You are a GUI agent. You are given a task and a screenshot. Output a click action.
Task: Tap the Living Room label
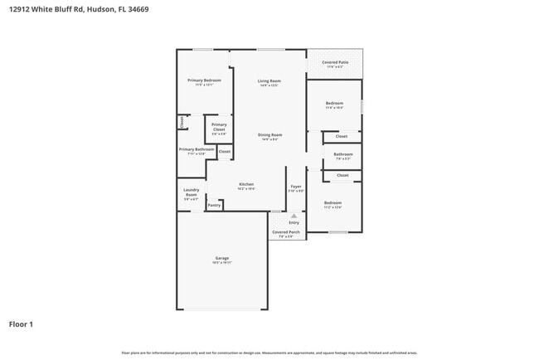[x=269, y=81]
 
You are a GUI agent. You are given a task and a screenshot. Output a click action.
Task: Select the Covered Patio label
[x=334, y=63]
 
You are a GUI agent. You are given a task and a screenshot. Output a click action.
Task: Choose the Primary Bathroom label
[x=197, y=151]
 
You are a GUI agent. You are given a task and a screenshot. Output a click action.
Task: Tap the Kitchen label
[x=246, y=186]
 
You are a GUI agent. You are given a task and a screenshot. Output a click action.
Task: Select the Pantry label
[x=214, y=205]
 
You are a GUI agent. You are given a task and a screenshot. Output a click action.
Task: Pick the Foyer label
[x=295, y=188]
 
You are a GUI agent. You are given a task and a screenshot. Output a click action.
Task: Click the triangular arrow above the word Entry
[x=294, y=216]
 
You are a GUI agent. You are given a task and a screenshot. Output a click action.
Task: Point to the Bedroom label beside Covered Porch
[x=333, y=204]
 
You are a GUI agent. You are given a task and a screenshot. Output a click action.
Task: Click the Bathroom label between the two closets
[x=343, y=155]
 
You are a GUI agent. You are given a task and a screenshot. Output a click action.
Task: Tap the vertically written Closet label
[x=181, y=122]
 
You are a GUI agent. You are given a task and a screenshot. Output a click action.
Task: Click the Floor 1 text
[x=21, y=324]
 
